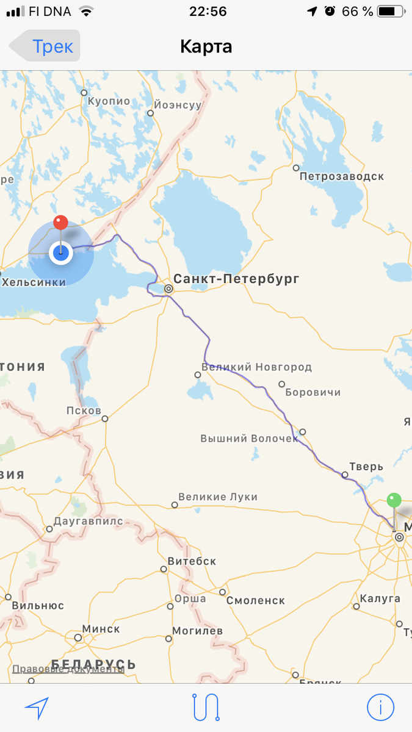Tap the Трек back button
coord(45,46)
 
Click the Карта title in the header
coord(206,46)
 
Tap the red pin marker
coord(60,223)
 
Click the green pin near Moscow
coord(394,501)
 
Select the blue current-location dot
coord(60,253)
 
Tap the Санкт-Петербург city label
coord(236,279)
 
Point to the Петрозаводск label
coord(341,176)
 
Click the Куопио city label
coord(109,101)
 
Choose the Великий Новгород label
coord(256,367)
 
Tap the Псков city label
coord(84,411)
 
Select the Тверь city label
coord(366,467)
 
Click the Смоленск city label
coord(255,600)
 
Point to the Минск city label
coord(101,629)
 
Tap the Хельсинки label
coord(34,282)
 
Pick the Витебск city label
coord(192,561)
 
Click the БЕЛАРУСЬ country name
coord(93,664)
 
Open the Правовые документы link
coord(68,669)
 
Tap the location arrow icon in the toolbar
coord(36,708)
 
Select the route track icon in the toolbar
coord(206,708)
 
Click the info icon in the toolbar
coord(380,708)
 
